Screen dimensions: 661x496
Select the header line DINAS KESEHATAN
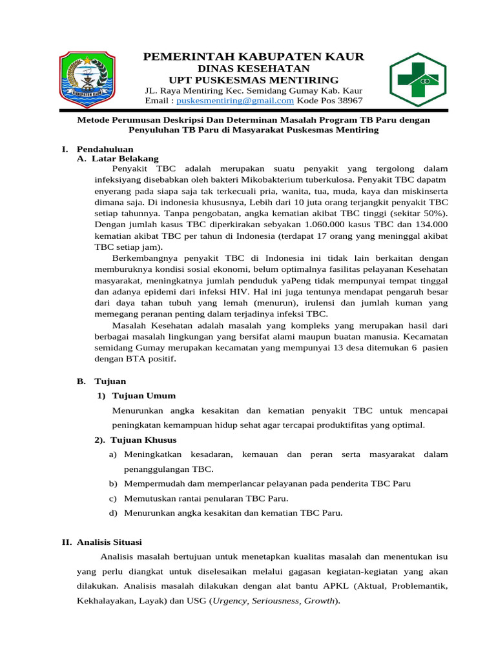pyautogui.click(x=253, y=68)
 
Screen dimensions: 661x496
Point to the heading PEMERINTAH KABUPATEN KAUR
pyautogui.click(x=253, y=57)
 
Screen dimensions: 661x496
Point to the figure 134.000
pyautogui.click(x=429, y=223)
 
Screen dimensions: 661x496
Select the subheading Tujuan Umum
pyautogui.click(x=143, y=395)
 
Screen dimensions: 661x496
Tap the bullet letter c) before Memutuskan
pyautogui.click(x=113, y=498)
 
